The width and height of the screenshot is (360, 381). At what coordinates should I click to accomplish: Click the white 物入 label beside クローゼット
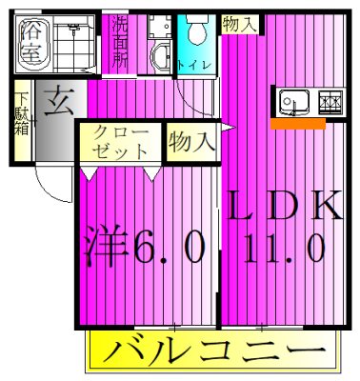190,143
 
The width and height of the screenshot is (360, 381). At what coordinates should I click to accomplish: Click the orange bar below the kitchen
297,123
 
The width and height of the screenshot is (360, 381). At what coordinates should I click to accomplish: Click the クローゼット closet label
122,142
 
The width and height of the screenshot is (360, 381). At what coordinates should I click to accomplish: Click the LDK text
283,207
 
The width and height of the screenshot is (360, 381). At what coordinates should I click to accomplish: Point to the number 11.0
286,251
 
